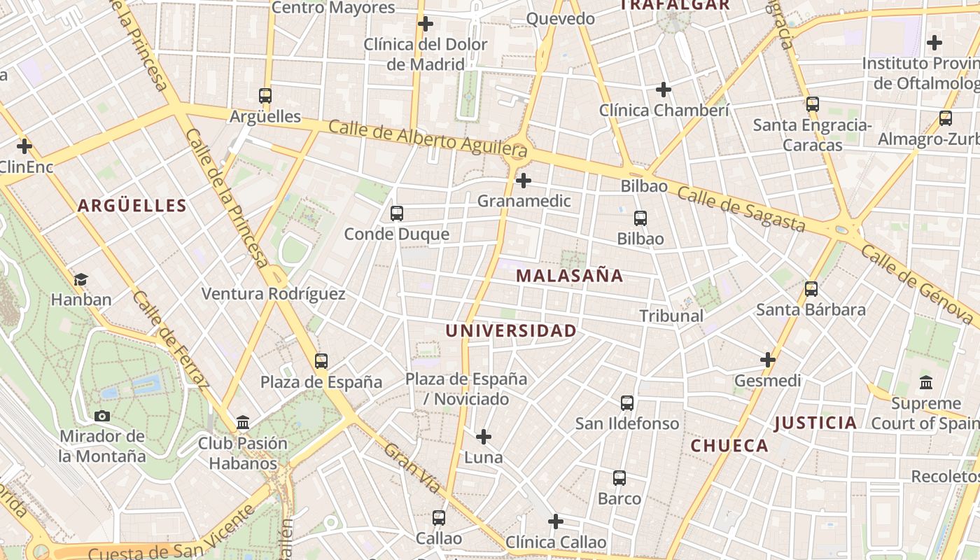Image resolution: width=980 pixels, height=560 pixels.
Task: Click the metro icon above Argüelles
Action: (265, 96)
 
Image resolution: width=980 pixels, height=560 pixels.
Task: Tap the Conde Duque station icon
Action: (397, 213)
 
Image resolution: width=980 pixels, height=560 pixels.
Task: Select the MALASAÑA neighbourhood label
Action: (569, 276)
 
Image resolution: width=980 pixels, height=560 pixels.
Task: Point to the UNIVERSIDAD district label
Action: (511, 330)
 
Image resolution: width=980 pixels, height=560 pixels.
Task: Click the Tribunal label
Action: (671, 316)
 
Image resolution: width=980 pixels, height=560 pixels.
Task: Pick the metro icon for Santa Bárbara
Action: (811, 289)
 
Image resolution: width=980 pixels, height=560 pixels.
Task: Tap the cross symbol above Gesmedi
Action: (768, 360)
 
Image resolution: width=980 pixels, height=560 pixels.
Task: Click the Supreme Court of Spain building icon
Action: (926, 383)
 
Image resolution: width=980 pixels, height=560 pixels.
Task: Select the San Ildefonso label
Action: (627, 423)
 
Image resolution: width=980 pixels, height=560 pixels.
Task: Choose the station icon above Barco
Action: (619, 478)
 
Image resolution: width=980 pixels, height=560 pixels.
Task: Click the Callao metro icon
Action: (439, 518)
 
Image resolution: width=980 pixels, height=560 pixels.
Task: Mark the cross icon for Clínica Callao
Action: (556, 521)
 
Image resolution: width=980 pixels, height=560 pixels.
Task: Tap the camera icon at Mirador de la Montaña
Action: (102, 416)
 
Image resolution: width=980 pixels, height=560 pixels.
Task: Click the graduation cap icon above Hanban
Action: (80, 279)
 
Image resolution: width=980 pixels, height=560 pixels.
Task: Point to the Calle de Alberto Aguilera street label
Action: (427, 138)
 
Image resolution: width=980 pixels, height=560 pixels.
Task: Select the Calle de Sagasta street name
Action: (741, 209)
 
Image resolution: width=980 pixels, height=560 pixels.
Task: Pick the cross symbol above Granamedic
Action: (523, 181)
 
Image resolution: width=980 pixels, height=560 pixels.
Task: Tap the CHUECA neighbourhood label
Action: (729, 446)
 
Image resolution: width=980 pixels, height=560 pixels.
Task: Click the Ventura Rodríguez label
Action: (274, 294)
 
